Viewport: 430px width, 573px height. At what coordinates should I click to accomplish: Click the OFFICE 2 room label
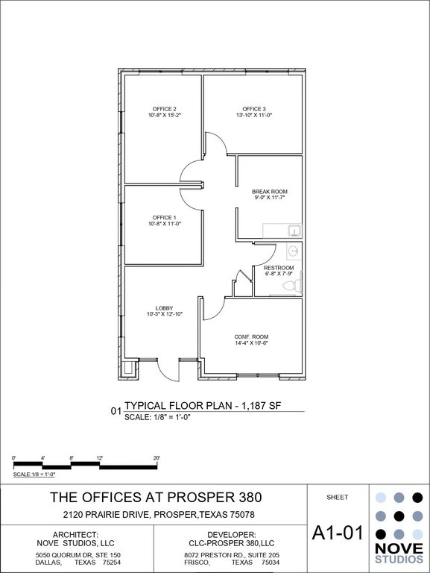[x=164, y=109]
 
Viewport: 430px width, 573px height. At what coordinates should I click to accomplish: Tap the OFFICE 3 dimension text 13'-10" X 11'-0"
[x=254, y=115]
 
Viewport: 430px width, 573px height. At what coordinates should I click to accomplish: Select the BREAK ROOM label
[x=270, y=192]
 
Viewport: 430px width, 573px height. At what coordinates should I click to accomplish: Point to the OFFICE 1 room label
[x=164, y=217]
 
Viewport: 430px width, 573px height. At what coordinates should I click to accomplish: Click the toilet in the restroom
[x=293, y=285]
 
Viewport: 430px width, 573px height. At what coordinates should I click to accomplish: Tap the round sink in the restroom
[x=293, y=251]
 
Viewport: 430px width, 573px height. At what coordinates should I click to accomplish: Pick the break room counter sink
[x=294, y=231]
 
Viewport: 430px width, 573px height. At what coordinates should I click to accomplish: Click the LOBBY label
[x=164, y=308]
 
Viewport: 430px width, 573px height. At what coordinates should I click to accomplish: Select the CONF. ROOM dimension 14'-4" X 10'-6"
[x=251, y=343]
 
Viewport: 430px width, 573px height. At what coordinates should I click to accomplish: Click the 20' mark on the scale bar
[x=156, y=458]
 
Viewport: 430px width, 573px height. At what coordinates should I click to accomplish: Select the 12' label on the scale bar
[x=100, y=458]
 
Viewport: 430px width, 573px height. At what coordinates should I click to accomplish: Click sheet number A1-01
[x=338, y=533]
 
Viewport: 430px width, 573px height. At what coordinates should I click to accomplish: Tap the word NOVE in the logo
[x=399, y=548]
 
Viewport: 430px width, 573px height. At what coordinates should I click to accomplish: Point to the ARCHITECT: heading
[x=75, y=535]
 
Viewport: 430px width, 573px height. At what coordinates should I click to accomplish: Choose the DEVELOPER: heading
[x=232, y=535]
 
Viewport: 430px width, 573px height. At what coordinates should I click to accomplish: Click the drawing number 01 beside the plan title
[x=116, y=411]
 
